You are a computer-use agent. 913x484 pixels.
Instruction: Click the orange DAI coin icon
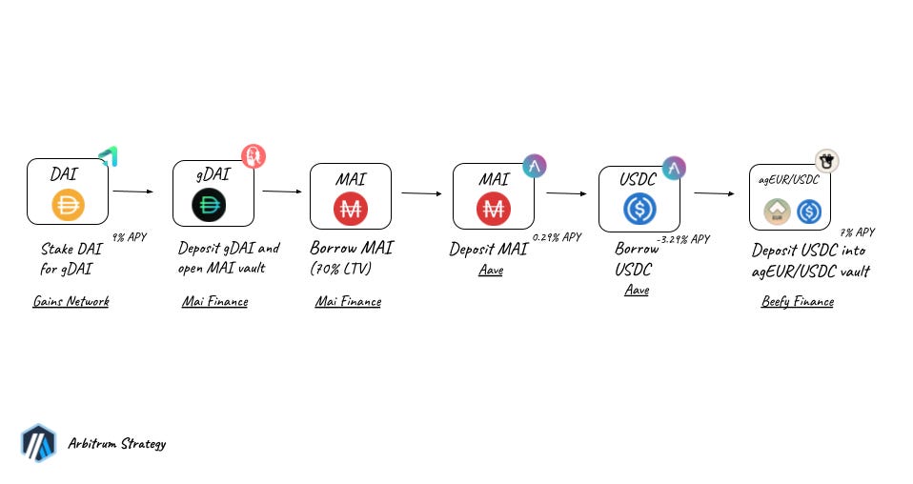(x=68, y=205)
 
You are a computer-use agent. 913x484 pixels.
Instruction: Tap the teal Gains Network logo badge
(x=108, y=156)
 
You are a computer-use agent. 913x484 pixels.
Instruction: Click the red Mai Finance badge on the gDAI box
(x=254, y=155)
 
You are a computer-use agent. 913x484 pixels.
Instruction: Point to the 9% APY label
(x=130, y=236)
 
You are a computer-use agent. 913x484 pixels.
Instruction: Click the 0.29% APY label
(x=557, y=236)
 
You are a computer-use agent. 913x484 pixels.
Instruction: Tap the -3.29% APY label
(x=682, y=239)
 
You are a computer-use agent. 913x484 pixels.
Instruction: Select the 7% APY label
(x=857, y=232)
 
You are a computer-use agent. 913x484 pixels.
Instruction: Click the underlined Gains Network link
(x=71, y=302)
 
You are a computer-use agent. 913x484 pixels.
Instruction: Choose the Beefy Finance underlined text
(x=798, y=302)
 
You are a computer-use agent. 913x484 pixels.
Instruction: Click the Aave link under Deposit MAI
(x=491, y=271)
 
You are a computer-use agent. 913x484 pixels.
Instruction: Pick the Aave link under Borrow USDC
(x=637, y=290)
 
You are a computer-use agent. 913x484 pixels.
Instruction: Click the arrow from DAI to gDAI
(x=132, y=192)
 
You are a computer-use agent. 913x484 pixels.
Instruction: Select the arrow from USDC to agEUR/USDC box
(x=714, y=193)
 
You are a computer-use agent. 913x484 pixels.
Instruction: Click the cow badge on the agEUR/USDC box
(x=826, y=161)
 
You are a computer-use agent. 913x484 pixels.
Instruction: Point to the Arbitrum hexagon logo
(x=38, y=443)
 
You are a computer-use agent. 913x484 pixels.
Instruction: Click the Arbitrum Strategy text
(x=117, y=443)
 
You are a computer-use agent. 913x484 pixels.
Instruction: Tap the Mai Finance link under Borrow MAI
(x=348, y=302)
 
